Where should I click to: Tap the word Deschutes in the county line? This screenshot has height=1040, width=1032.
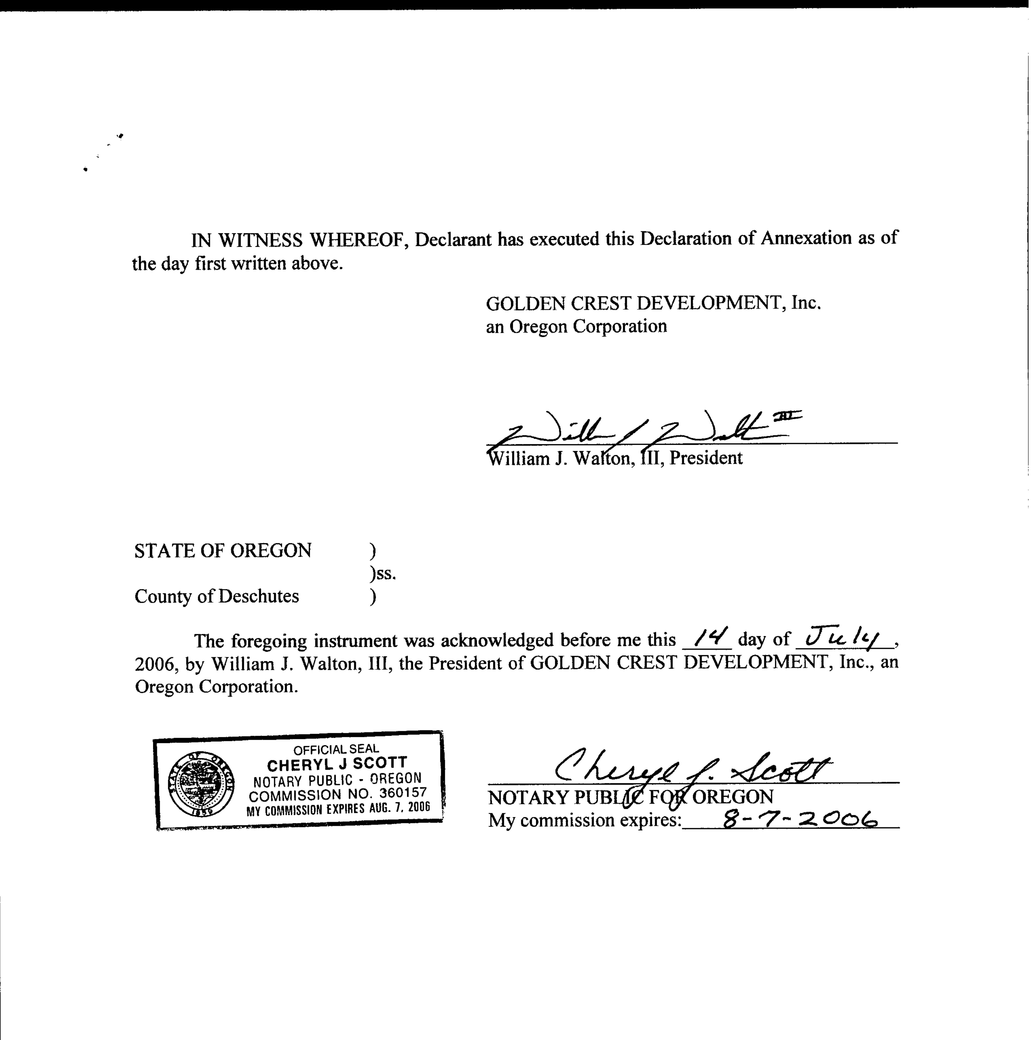[258, 596]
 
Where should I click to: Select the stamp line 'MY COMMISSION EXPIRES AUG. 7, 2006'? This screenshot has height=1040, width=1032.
[338, 809]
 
